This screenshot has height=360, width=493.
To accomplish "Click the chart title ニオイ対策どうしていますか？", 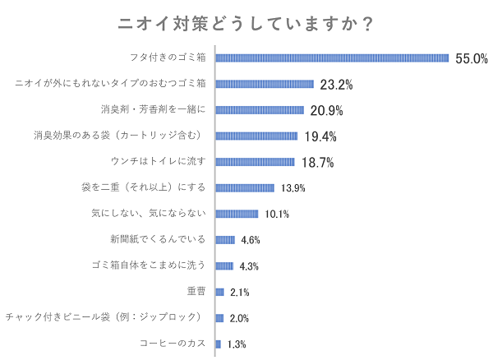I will tap(246, 24).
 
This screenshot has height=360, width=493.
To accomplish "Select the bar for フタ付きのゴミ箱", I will tap(332, 58).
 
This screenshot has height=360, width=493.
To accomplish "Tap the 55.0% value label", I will tap(472, 58).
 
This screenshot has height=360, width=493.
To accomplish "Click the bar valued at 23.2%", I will tap(265, 84).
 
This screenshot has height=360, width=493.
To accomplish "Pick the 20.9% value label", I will tap(326, 110).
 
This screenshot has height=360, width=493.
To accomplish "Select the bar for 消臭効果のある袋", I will tap(256, 136).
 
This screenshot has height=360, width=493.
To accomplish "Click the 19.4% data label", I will tap(320, 136).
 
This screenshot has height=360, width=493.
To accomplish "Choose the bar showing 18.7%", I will tap(255, 162).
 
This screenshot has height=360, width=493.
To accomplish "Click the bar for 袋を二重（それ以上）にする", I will tap(245, 187).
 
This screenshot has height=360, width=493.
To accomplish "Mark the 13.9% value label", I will tap(293, 188).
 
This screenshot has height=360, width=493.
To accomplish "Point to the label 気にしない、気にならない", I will tap(151, 214).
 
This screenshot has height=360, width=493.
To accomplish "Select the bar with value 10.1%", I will tap(237, 214).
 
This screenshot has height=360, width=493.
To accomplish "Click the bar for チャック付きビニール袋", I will tap(219, 318).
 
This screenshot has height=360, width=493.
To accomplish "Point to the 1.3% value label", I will tap(237, 344).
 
